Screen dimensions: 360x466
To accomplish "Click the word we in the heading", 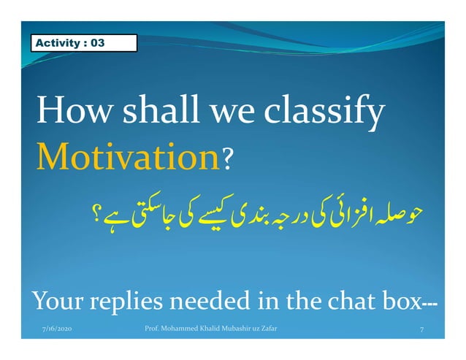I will [231, 114].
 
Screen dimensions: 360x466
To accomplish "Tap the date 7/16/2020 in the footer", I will [57, 330].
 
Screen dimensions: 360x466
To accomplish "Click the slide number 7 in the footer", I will [422, 331].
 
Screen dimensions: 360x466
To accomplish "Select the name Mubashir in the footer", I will [237, 330].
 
